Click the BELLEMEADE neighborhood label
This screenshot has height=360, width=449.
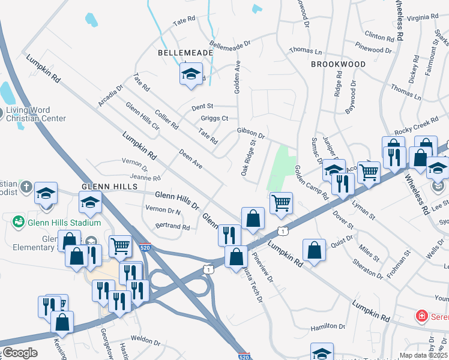point(185,53)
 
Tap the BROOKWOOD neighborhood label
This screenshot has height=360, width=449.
point(338,64)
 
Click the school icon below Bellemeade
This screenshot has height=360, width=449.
point(191,74)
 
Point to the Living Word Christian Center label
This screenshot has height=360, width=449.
point(35,114)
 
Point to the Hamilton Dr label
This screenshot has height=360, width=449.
point(328,327)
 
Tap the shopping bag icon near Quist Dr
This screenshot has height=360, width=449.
point(315,250)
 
